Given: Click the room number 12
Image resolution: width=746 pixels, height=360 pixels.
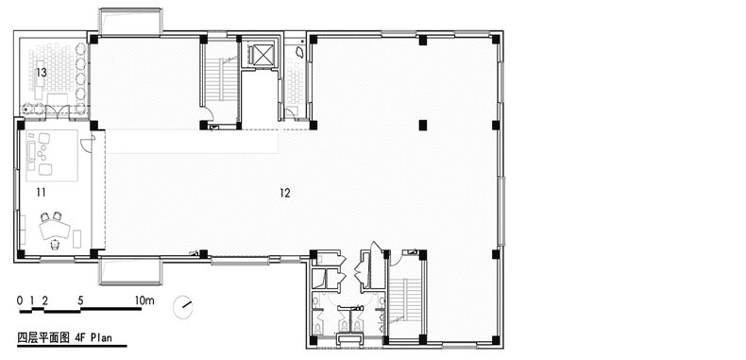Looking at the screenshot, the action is (285, 193).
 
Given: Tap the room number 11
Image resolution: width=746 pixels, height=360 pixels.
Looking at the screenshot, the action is (41, 193).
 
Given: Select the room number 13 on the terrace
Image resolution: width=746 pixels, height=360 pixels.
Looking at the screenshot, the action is (41, 73).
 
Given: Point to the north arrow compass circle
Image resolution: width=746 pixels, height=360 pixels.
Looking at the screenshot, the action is (182, 307).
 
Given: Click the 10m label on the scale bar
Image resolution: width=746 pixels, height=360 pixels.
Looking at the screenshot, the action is (144, 300).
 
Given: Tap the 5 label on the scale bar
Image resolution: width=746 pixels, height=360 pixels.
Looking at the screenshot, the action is (80, 300).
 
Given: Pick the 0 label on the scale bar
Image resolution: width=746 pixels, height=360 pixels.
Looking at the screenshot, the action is (20, 300).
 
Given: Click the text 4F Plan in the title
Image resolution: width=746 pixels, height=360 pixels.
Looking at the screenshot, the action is (93, 337).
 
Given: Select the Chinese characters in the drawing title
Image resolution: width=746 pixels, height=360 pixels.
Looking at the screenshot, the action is (44, 338).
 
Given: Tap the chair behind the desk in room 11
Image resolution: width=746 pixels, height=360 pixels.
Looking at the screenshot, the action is (55, 245).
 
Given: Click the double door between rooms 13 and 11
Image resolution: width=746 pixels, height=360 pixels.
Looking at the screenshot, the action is (58, 112).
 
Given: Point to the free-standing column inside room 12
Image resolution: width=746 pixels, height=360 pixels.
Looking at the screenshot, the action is (422, 126).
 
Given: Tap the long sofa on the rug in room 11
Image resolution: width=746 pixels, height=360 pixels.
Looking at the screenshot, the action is (31, 151).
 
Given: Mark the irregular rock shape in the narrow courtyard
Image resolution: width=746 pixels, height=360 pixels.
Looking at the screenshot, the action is (300, 51).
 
